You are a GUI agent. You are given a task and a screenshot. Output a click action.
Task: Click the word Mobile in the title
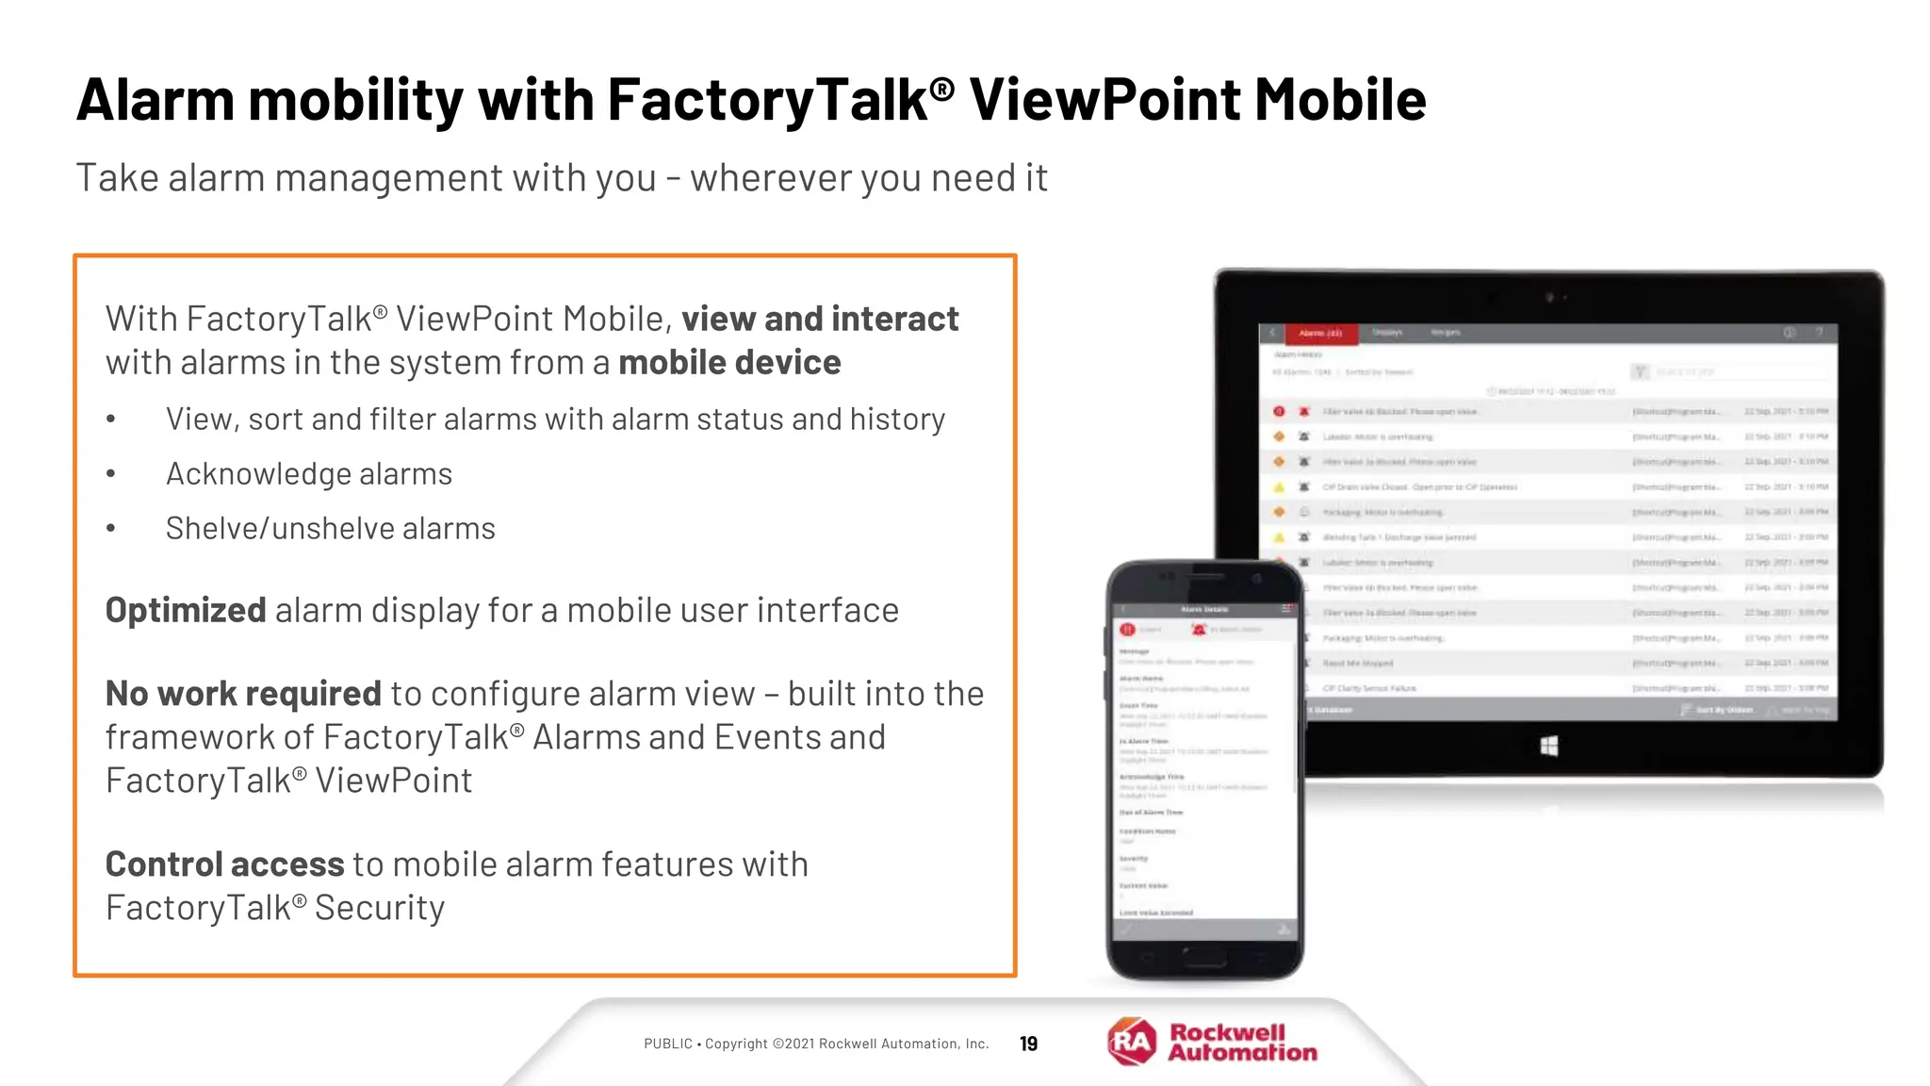1340,100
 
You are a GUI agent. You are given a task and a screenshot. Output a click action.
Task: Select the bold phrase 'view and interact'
820,320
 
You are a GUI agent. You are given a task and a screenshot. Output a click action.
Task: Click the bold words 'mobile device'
729,363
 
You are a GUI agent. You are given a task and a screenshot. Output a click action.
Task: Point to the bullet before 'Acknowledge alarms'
111,474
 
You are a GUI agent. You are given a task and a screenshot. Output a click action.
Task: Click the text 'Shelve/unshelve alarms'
330,529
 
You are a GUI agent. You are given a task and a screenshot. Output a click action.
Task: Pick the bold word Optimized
186,611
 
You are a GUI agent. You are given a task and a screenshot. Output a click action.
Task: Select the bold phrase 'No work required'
243,694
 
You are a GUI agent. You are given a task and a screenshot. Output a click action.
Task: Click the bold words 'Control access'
224,864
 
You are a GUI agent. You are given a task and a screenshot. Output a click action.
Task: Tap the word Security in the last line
379,908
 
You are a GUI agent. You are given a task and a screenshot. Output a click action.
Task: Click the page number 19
1028,1044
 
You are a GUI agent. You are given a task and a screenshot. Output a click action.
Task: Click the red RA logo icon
1132,1042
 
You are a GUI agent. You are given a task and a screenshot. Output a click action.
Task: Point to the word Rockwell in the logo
1227,1032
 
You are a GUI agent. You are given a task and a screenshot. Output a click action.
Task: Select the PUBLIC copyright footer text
816,1044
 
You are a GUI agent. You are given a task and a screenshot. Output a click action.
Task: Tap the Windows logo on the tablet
1548,747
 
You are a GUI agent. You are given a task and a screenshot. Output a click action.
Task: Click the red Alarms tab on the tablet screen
1320,333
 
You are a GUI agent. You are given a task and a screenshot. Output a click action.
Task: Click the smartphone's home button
1204,958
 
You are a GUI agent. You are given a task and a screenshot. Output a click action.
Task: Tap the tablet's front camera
1549,298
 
